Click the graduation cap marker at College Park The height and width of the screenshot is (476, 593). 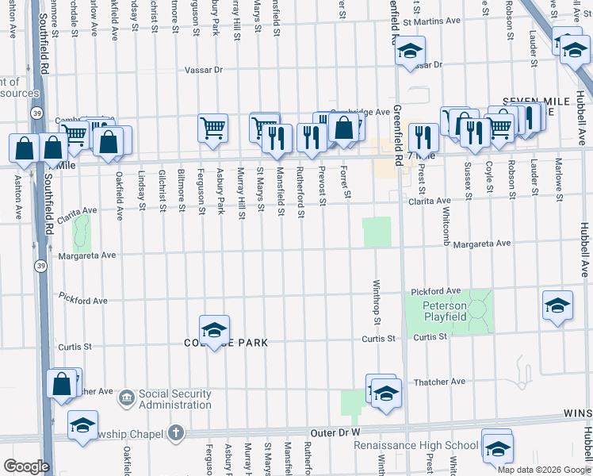214,329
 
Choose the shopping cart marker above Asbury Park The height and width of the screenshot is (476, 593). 213,127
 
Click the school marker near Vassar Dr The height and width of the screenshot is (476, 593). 410,52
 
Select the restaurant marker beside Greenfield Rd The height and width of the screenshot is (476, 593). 423,136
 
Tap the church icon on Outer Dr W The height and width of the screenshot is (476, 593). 176,433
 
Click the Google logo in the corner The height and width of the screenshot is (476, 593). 25,466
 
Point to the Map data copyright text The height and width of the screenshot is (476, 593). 543,470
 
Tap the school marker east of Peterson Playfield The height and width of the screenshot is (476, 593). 557,305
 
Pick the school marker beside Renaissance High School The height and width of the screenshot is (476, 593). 497,447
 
